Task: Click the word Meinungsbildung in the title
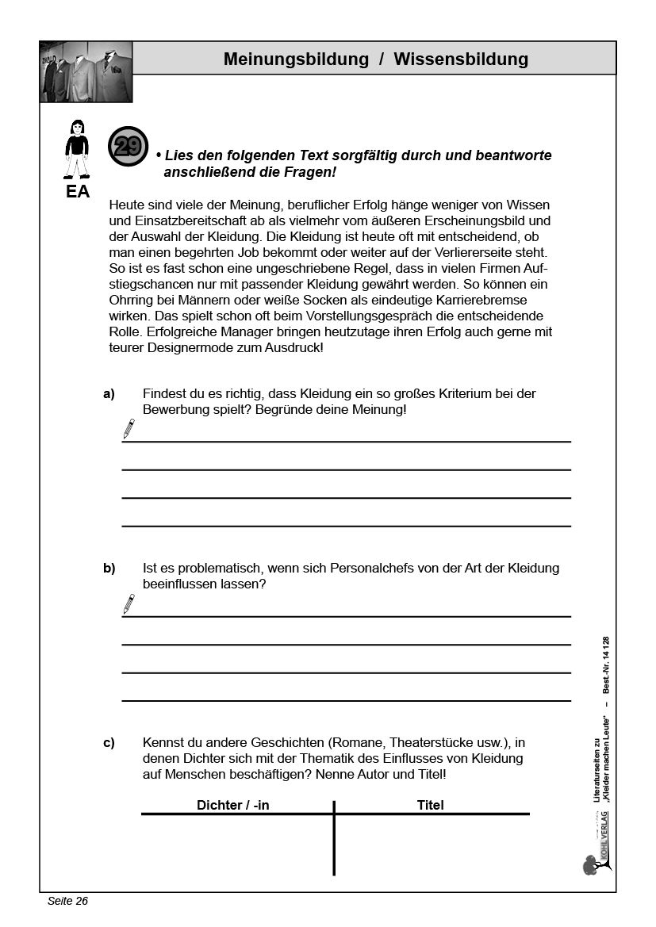[296, 59]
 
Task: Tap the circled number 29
[128, 146]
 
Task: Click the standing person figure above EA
[77, 149]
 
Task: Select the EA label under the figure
[77, 192]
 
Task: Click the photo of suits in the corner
[86, 72]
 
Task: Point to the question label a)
[109, 393]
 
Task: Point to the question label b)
[109, 569]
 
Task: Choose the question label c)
[109, 743]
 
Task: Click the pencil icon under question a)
[128, 429]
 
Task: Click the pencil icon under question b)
[128, 604]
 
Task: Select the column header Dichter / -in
[233, 805]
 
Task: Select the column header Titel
[430, 805]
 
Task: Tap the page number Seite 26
[67, 901]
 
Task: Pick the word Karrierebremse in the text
[459, 300]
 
